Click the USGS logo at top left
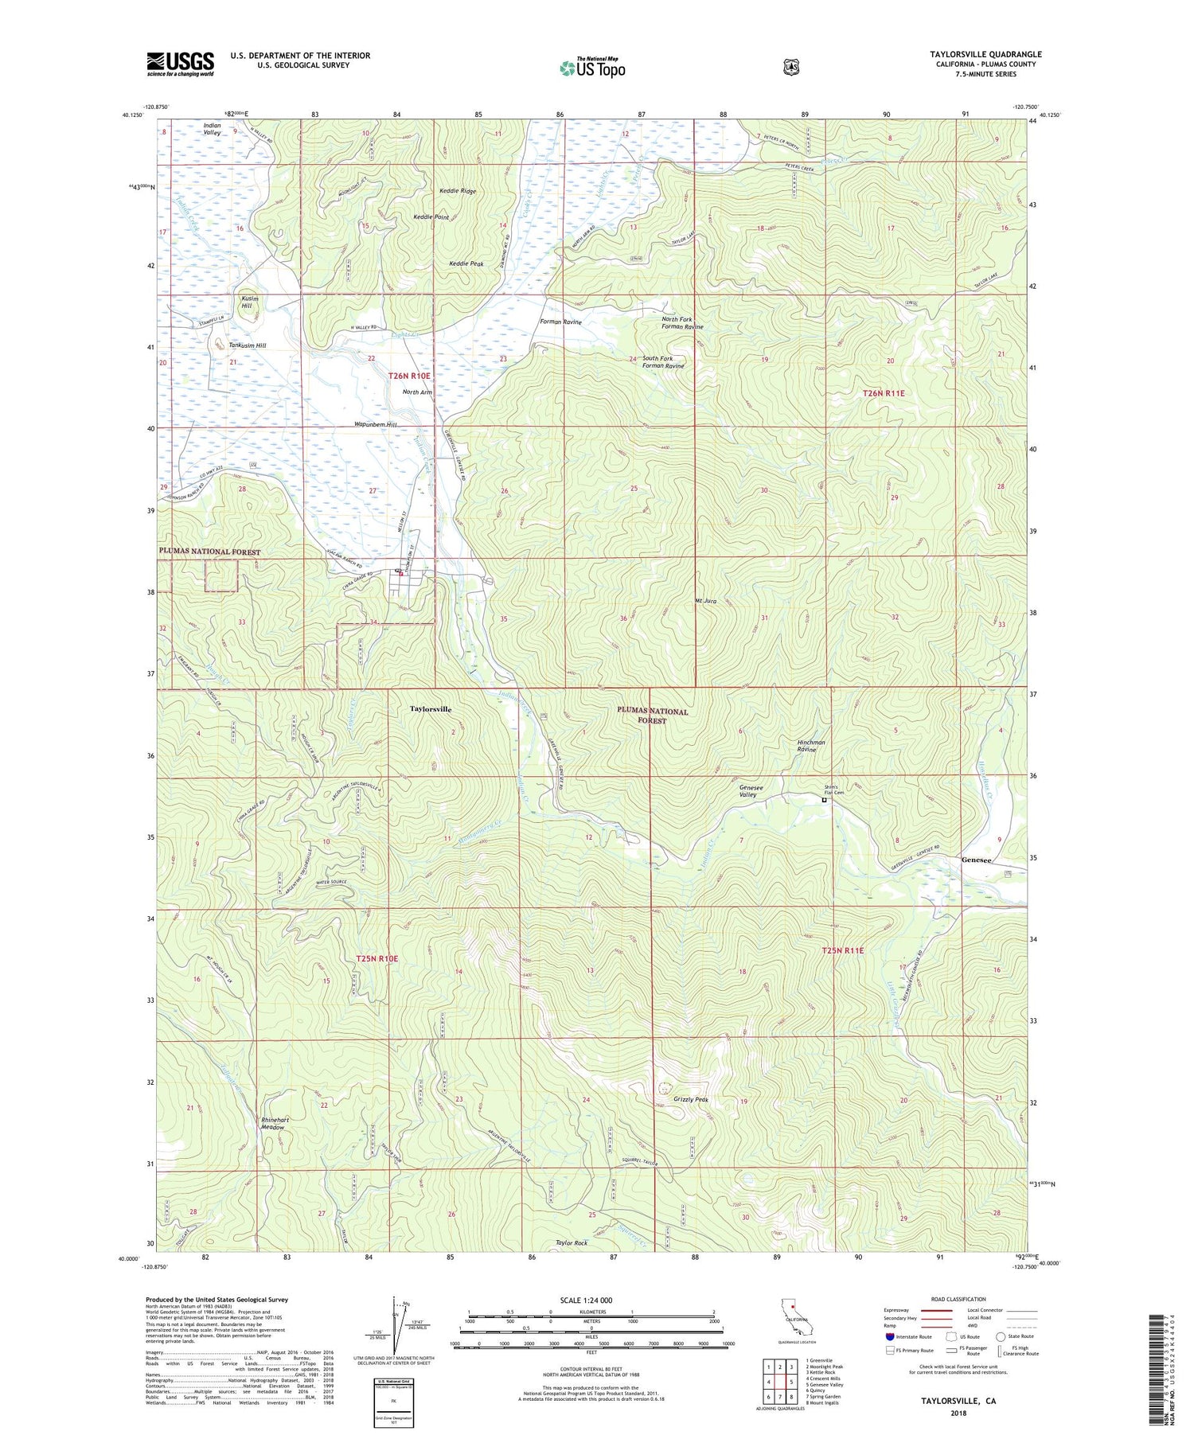(x=180, y=64)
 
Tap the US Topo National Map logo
(x=592, y=67)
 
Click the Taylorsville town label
(x=431, y=708)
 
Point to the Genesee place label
(x=977, y=860)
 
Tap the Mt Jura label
(x=706, y=601)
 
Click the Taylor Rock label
(x=572, y=1242)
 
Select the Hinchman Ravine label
(x=811, y=746)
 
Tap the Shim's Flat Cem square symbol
(x=824, y=801)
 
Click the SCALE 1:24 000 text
(x=586, y=1301)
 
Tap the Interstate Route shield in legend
(x=890, y=1336)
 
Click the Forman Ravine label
(x=560, y=322)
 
